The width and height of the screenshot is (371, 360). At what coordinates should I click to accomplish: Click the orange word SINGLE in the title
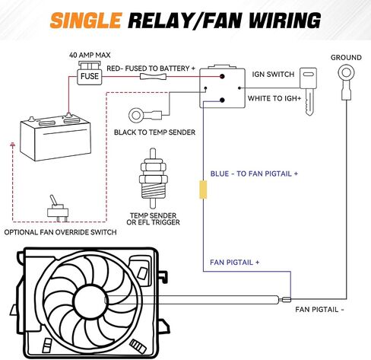tap(86, 21)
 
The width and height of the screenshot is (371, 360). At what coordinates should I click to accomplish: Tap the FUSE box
tap(90, 76)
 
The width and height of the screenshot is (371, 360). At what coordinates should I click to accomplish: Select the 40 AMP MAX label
tap(90, 55)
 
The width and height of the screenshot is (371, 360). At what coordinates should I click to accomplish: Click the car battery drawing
tap(55, 138)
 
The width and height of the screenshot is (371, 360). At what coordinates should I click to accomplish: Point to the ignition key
tap(309, 91)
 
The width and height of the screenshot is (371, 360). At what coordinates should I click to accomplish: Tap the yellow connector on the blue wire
tap(203, 190)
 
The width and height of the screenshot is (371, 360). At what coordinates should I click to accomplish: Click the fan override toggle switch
tap(58, 209)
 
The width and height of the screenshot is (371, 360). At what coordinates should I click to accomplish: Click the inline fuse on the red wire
tap(153, 76)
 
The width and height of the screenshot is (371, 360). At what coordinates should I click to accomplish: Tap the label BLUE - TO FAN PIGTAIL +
tap(254, 174)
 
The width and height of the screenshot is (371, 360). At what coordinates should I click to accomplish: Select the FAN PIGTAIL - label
tap(320, 310)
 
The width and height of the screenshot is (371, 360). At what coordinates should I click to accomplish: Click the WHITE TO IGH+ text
tap(274, 98)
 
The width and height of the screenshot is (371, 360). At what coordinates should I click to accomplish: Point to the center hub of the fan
tap(90, 301)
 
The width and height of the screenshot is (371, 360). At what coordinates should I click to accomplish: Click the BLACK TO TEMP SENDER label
tap(154, 132)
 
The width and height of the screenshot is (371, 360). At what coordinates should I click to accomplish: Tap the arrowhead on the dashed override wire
tap(12, 145)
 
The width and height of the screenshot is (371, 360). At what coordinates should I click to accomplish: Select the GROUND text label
tap(346, 58)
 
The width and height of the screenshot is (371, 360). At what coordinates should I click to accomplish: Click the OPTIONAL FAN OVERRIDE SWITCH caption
tap(60, 232)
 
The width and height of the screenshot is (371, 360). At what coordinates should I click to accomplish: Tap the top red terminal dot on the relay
tap(222, 76)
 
